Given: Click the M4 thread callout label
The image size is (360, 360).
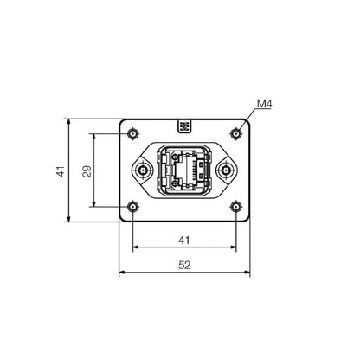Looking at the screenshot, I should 265,106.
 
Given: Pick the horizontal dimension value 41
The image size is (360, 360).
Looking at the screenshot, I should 183,240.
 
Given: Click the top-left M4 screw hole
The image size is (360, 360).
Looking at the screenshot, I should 132,133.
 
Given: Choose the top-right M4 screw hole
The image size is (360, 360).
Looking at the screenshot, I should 235,133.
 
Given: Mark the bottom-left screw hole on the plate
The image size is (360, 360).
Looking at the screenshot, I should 132,207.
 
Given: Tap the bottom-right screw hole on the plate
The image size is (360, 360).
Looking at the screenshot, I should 235,207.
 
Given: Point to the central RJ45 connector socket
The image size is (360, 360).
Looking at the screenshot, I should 183,170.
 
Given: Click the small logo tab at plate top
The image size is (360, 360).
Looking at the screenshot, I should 184,126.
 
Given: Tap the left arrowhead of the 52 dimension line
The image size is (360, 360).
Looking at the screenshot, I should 122,273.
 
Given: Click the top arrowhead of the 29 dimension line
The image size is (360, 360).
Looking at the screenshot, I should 93,136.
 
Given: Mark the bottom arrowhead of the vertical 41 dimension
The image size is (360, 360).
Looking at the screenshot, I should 67,218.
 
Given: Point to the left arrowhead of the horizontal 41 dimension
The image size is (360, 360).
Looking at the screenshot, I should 135,247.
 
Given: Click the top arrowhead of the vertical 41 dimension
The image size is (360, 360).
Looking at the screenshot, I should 67,123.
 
